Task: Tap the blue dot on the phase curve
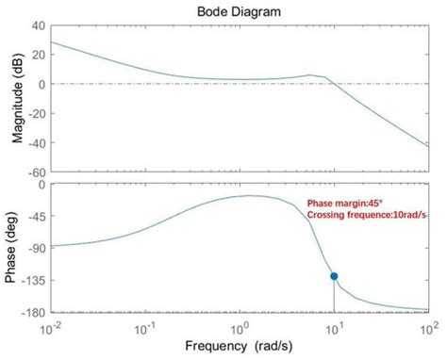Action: pyautogui.click(x=334, y=276)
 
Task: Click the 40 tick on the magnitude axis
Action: pyautogui.click(x=39, y=25)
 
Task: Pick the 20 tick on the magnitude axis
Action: pyautogui.click(x=39, y=55)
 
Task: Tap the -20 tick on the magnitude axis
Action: pyautogui.click(x=36, y=113)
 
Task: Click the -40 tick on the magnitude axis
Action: pyautogui.click(x=36, y=142)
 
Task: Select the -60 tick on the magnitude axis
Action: pyautogui.click(x=36, y=172)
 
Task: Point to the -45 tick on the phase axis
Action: pyautogui.click(x=36, y=216)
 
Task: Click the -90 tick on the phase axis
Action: pyautogui.click(x=36, y=248)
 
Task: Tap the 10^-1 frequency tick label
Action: pyautogui.click(x=145, y=327)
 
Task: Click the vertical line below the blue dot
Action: pyautogui.click(x=334, y=296)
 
